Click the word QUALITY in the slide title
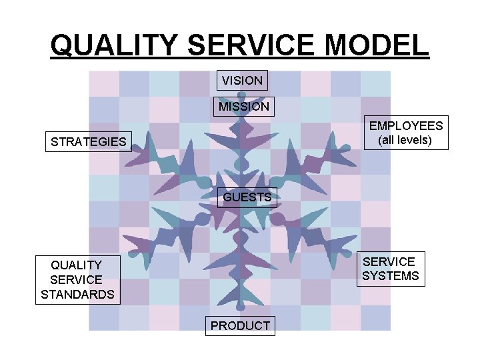pos(114,45)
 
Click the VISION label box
pos(242,81)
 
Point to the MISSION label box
pos(244,107)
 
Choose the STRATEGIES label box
pos(89,142)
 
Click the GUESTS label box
pos(247,197)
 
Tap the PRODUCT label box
pos(240,325)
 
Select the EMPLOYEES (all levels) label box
pos(406,133)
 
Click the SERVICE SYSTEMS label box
pos(391,269)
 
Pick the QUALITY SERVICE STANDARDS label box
pos(77,279)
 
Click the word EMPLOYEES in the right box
pos(406,126)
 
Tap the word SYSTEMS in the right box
pos(391,276)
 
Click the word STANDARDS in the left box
pos(77,294)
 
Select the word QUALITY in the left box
pos(77,265)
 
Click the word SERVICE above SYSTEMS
pos(389,261)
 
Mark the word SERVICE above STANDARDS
pos(77,279)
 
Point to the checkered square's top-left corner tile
pos(104,83)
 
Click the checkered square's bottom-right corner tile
pos(375,317)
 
